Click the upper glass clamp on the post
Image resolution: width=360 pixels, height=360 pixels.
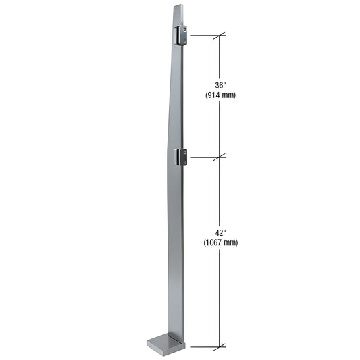pyautogui.click(x=182, y=35)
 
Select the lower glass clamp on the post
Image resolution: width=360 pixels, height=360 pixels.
pyautogui.click(x=182, y=157)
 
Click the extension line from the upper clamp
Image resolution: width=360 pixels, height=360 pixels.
pyautogui.click(x=203, y=35)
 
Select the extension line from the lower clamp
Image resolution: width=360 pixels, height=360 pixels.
pyautogui.click(x=203, y=157)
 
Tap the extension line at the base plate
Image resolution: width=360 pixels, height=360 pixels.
pyautogui.click(x=203, y=347)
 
